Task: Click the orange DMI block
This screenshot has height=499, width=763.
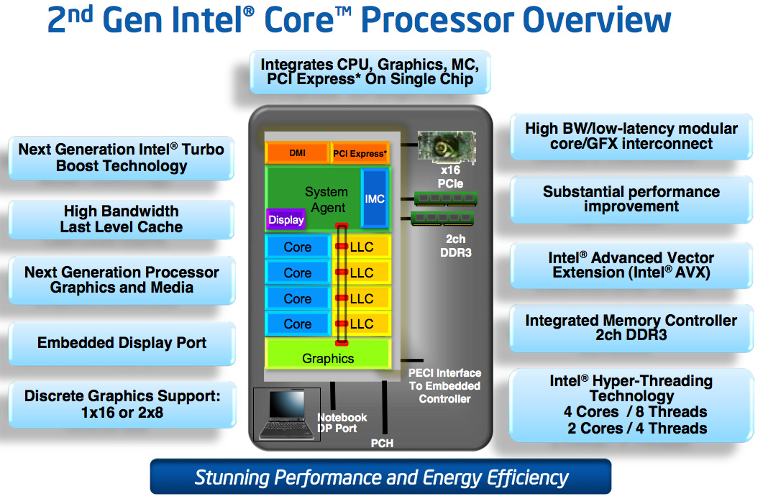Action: [x=297, y=153]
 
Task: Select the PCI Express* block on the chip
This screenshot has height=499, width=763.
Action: [x=360, y=153]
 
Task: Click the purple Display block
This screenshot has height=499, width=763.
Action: [x=286, y=220]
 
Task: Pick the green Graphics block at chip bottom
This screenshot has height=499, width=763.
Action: [x=328, y=358]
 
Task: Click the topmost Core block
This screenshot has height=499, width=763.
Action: [x=298, y=247]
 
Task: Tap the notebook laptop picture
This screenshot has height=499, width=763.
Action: [x=285, y=415]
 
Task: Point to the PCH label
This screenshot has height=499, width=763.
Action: [x=382, y=444]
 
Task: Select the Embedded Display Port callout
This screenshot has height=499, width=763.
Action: [x=122, y=343]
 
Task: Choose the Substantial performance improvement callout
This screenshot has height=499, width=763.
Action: [x=631, y=199]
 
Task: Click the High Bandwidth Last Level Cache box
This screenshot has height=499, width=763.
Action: [x=122, y=219]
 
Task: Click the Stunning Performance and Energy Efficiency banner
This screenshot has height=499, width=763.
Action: [x=380, y=477]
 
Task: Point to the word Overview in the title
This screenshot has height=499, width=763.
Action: [x=597, y=20]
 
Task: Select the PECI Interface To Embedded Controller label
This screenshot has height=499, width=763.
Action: [x=444, y=385]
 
